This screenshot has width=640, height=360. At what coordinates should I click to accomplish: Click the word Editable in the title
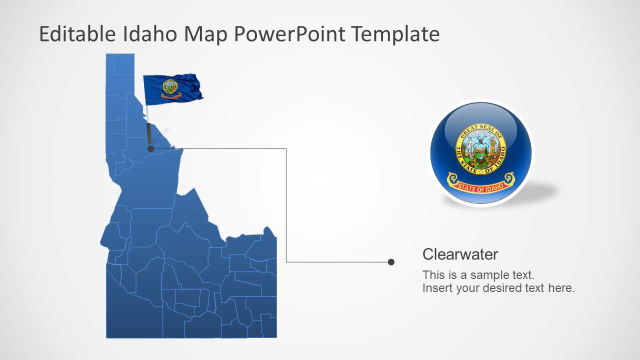click(x=78, y=34)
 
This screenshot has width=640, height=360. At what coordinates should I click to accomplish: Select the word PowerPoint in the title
click(x=289, y=34)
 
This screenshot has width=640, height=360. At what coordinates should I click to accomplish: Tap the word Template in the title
click(x=395, y=34)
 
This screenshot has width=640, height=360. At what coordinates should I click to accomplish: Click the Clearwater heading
click(x=460, y=254)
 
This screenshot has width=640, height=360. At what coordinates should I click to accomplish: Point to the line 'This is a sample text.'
click(x=478, y=274)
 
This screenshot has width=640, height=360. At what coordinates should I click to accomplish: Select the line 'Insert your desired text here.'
click(x=498, y=288)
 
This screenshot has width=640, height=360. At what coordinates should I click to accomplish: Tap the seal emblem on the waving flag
click(x=170, y=87)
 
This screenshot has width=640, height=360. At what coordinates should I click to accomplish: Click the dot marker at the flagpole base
click(x=150, y=148)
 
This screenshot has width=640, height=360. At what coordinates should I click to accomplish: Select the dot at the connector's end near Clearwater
click(x=391, y=262)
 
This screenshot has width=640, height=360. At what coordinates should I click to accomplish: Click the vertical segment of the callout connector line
click(x=286, y=205)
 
